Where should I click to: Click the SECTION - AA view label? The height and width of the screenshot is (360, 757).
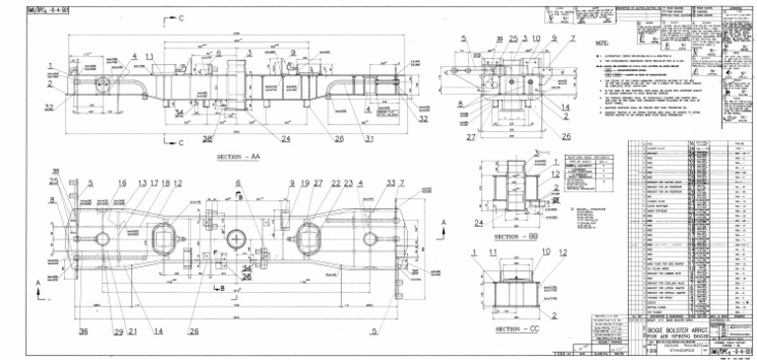(238, 157)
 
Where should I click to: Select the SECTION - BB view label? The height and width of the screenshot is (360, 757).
(518, 238)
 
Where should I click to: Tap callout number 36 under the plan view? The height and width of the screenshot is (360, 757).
(84, 331)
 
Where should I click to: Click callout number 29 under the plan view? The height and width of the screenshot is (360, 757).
(118, 331)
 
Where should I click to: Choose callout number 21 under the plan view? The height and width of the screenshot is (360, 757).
(132, 331)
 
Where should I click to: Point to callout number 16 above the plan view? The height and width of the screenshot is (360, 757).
(122, 183)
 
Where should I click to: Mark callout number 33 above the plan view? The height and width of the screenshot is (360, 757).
(390, 183)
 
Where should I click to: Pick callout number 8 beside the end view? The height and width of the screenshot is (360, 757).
(460, 104)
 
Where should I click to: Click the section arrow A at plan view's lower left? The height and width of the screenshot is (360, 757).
(38, 285)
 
